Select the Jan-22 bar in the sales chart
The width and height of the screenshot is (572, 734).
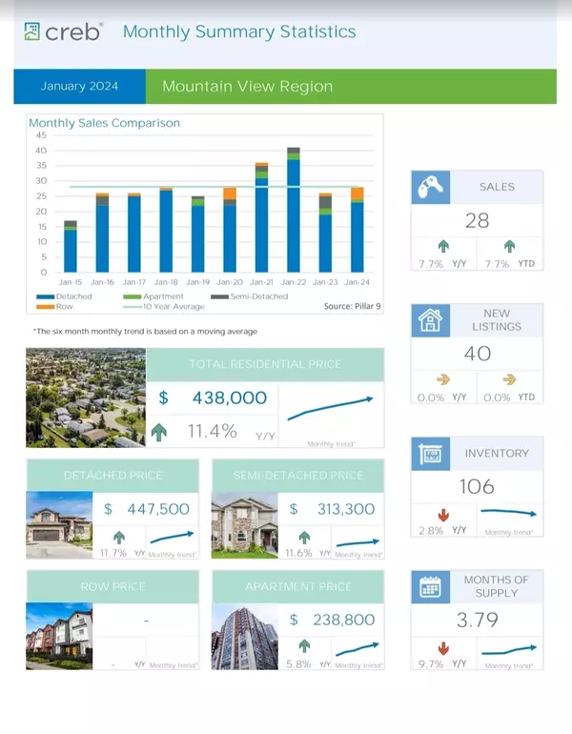tap(294, 210)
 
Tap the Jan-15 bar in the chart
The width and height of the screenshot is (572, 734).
tap(71, 247)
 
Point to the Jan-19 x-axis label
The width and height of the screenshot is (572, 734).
tap(197, 283)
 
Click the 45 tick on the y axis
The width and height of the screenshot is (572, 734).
tap(41, 135)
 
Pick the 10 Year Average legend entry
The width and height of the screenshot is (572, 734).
tap(171, 306)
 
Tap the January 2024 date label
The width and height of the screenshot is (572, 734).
tap(79, 87)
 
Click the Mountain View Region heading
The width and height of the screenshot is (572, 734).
tap(248, 87)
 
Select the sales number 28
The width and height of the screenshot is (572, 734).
tap(477, 221)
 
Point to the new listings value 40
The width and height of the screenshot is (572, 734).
tap(477, 354)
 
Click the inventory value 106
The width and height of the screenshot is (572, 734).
tap(477, 486)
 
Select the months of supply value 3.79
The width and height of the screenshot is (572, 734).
tap(477, 621)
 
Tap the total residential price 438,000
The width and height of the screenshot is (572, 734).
tap(229, 398)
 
